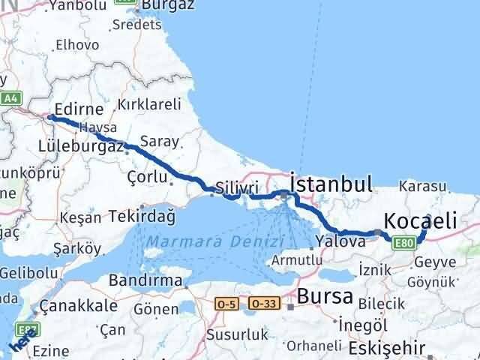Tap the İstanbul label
[331, 184]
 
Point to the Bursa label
[328, 295]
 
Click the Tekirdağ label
[142, 217]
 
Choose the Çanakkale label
[78, 306]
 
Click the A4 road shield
[10, 98]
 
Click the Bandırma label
[145, 280]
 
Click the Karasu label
[422, 185]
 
